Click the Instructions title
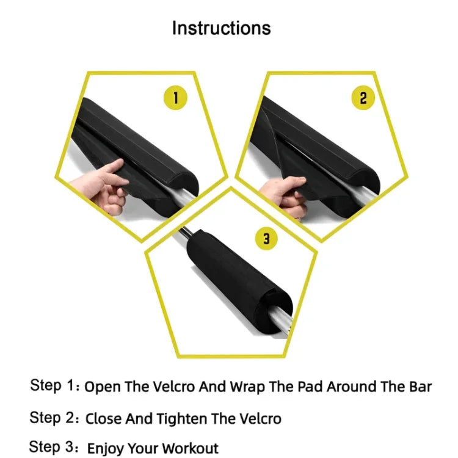[x=221, y=28]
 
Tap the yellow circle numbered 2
[x=363, y=98]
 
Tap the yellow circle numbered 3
[x=266, y=239]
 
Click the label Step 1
[x=54, y=386]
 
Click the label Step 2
[x=54, y=418]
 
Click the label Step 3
[x=54, y=448]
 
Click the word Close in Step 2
[x=103, y=419]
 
